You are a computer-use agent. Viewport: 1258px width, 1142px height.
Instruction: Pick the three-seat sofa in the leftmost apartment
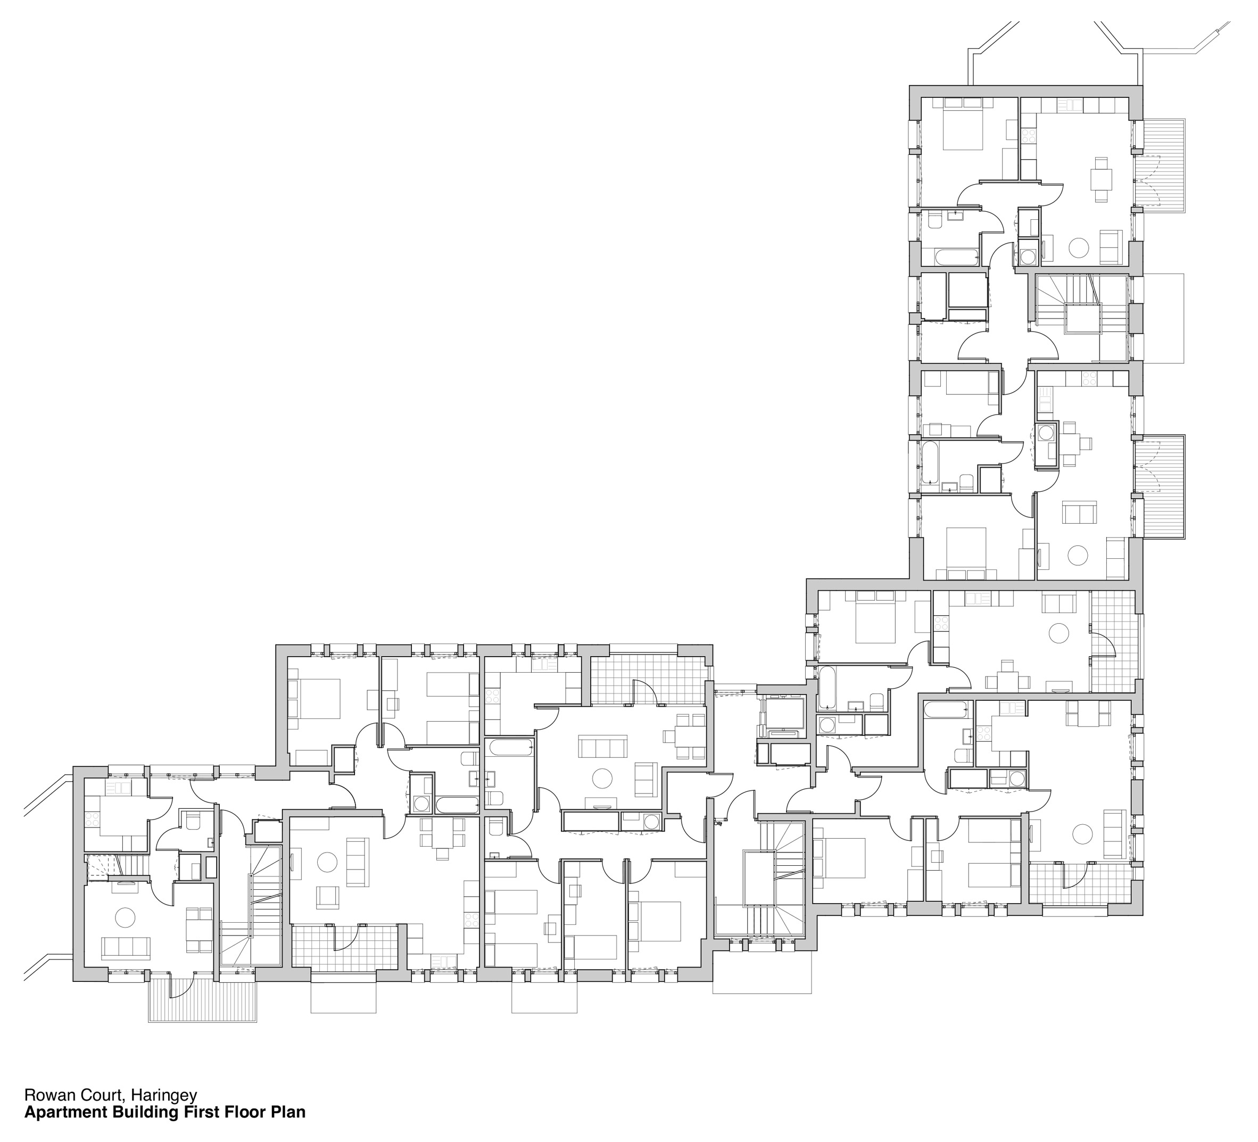(x=126, y=948)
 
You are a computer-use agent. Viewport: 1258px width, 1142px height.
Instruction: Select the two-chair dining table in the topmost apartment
(x=1100, y=180)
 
